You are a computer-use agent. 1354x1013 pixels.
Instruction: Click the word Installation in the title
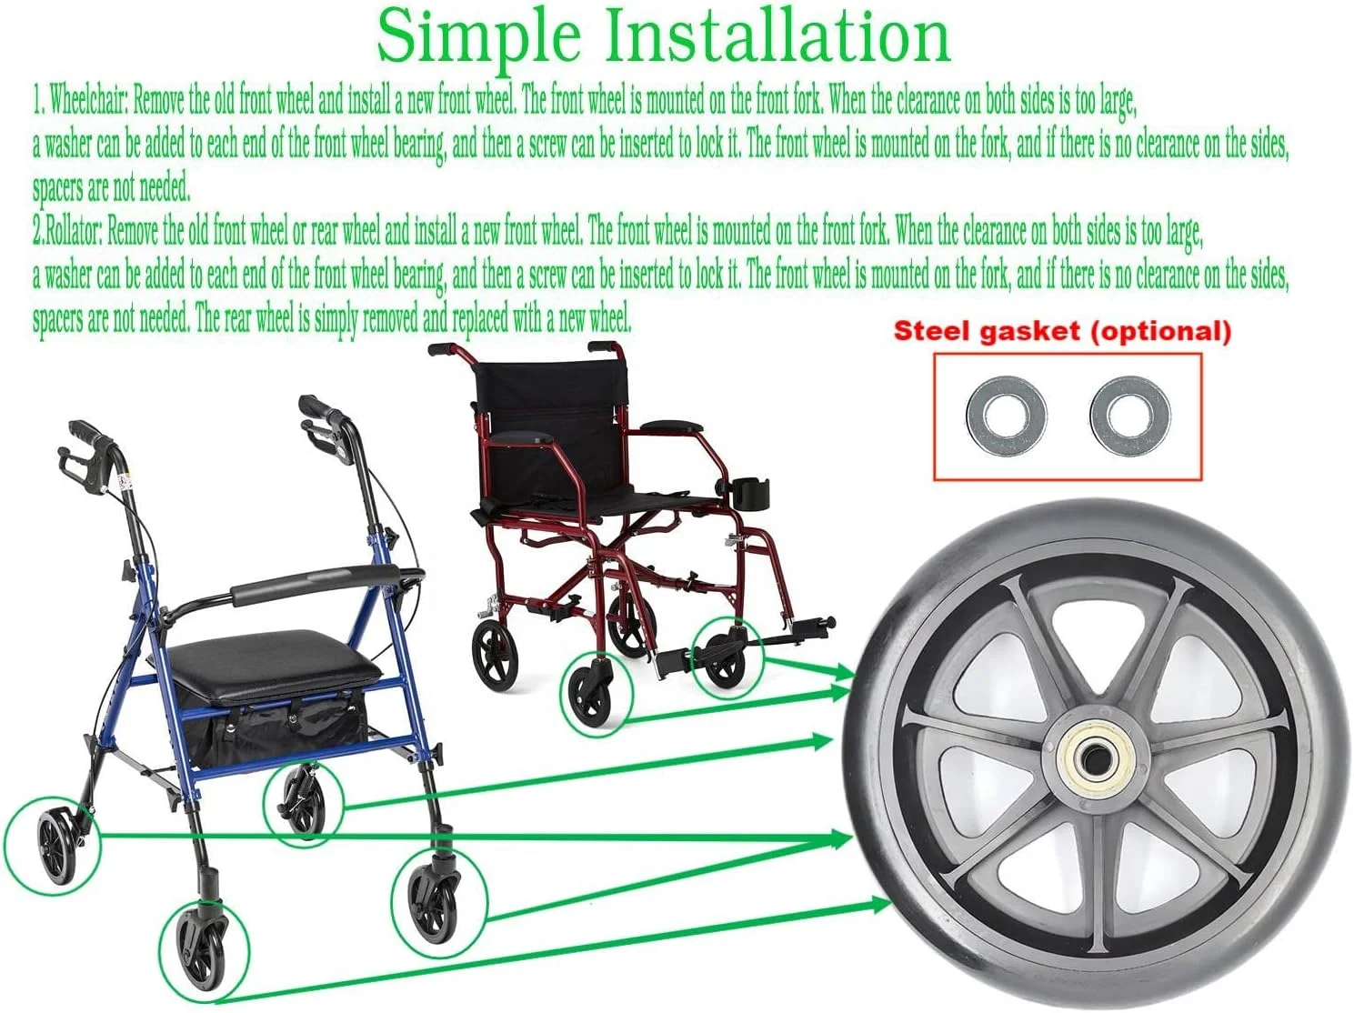point(777,35)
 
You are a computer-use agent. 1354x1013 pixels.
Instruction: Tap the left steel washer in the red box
point(1006,416)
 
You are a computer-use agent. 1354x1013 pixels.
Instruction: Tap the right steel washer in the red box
point(1130,416)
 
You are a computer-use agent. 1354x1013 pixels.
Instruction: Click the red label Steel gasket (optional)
point(1062,332)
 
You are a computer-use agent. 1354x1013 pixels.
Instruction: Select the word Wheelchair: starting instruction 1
point(88,101)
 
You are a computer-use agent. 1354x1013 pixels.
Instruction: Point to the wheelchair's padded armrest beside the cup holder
point(672,426)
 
